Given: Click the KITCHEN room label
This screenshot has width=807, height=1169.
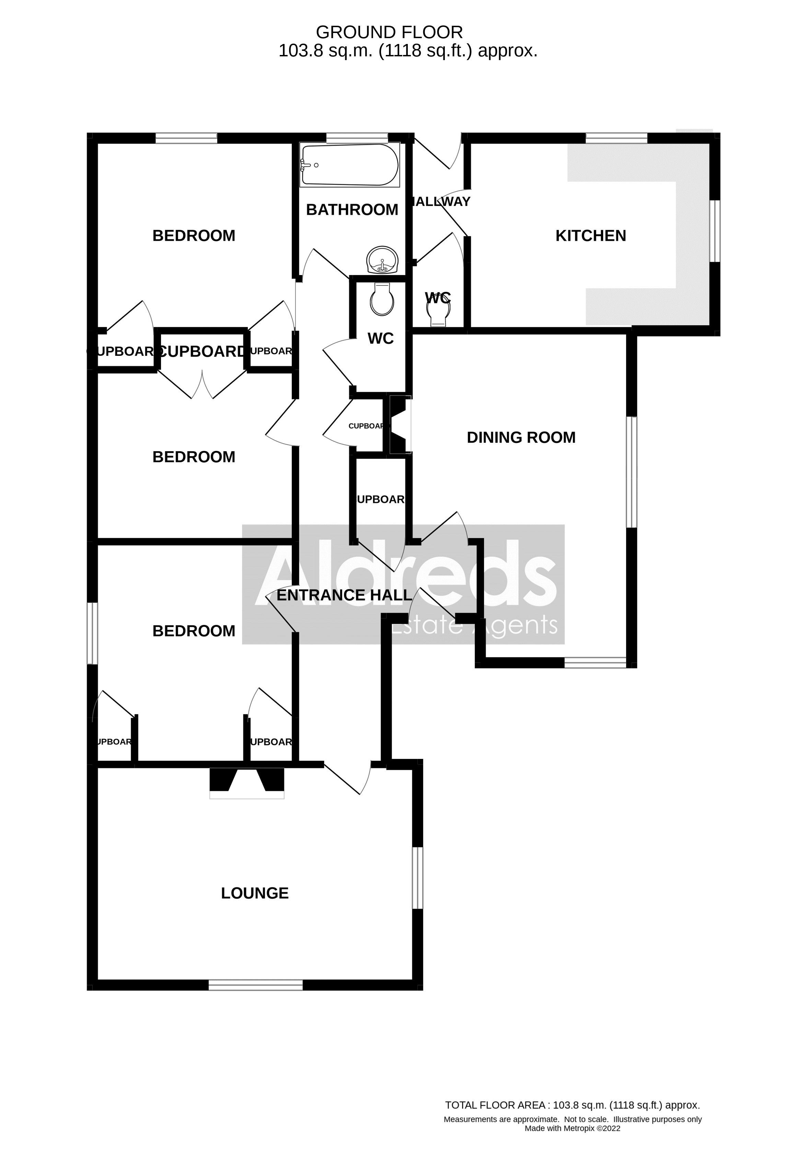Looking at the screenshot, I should point(591,236).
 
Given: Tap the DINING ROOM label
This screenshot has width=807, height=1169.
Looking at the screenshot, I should point(521,438).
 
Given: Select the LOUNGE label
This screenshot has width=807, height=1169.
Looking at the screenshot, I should point(255,893).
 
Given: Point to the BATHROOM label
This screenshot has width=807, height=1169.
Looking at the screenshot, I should point(352,209).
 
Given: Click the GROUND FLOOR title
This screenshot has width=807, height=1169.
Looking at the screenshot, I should point(389,32).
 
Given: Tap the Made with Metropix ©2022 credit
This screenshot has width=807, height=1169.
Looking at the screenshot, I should point(573,1128).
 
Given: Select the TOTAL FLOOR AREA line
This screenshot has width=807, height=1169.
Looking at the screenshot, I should point(573,1105).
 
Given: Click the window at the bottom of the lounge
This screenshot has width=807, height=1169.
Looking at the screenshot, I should point(256,985).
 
